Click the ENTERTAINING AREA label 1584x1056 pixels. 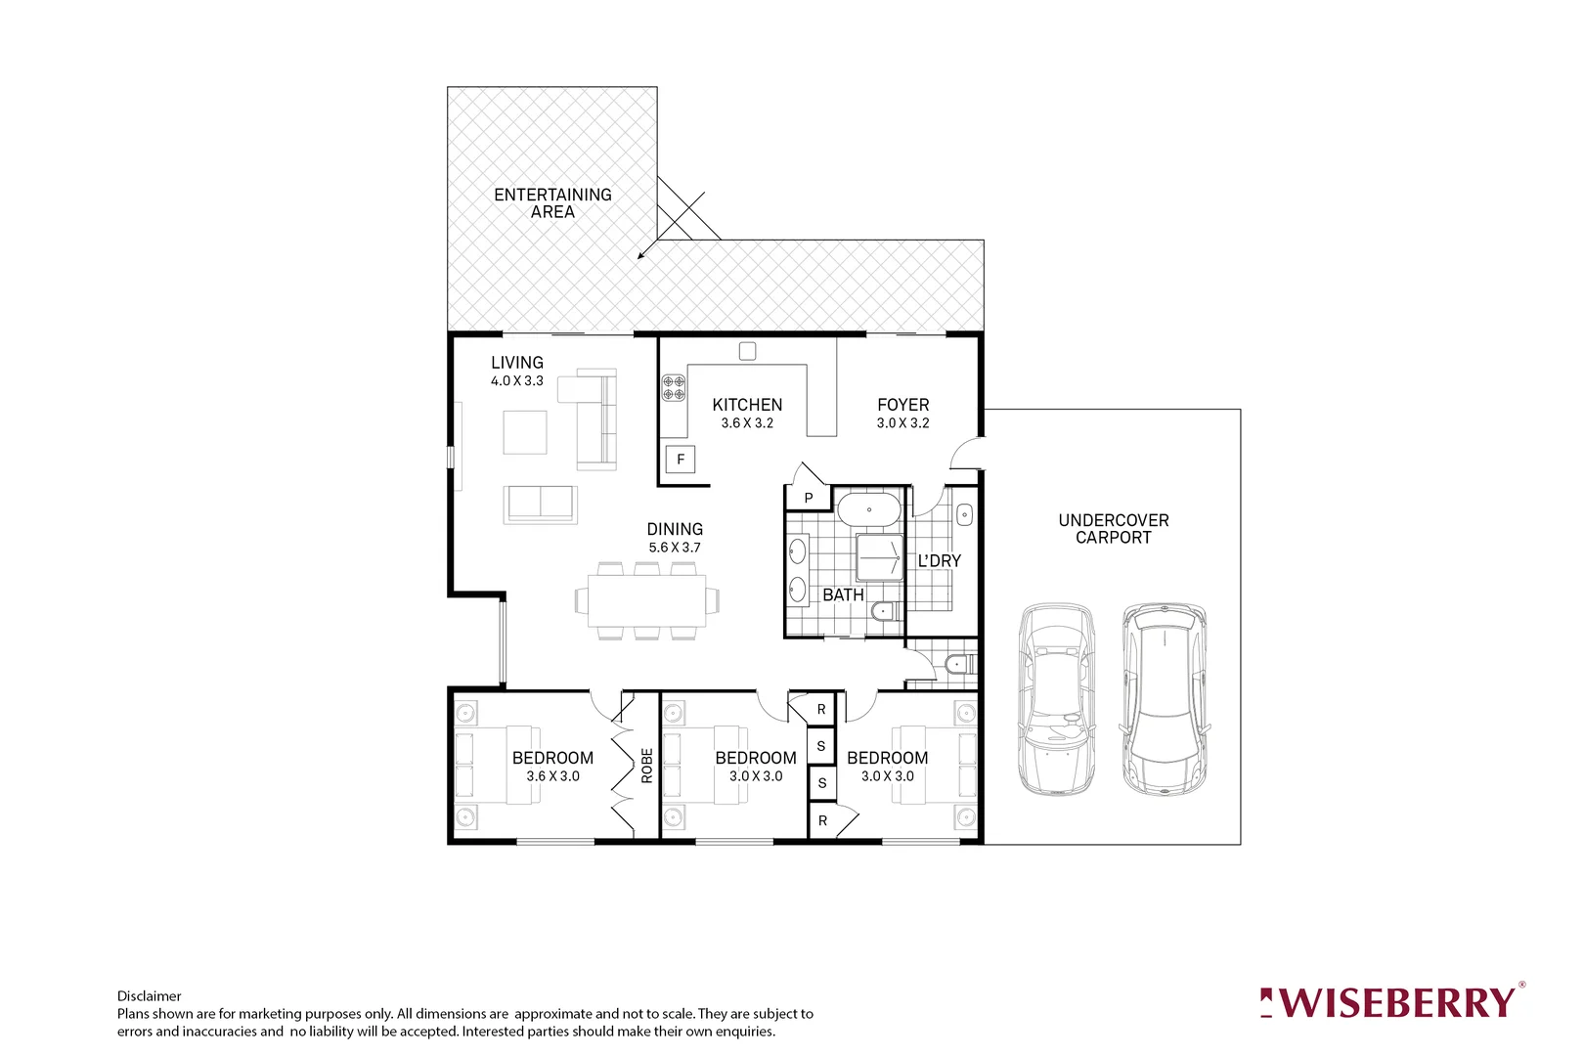(552, 203)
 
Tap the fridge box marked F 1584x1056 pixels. (681, 460)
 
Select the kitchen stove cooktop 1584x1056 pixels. (674, 387)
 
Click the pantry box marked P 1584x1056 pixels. (809, 498)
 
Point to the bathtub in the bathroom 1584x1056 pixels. (868, 510)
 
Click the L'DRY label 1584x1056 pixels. (939, 561)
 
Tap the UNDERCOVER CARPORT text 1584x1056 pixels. (1113, 529)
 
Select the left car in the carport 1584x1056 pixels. (1056, 699)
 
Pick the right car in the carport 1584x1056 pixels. (1164, 699)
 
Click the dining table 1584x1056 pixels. (647, 600)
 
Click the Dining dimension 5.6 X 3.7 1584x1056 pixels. (675, 548)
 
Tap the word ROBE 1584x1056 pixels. (646, 766)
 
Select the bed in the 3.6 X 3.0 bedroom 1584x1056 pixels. (497, 765)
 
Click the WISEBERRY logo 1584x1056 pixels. (1390, 1002)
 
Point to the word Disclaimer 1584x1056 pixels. (149, 996)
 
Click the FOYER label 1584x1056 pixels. (902, 405)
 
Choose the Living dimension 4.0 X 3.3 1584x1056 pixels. (517, 381)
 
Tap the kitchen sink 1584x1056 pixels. (747, 351)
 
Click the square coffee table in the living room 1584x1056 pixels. (525, 432)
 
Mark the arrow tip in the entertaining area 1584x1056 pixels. (639, 258)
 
